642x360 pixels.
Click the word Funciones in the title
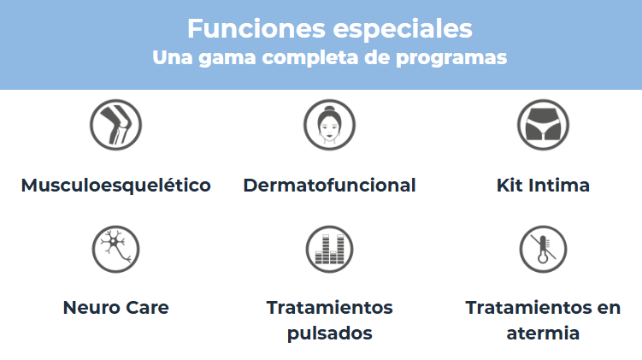click(x=256, y=29)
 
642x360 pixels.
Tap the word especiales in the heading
click(x=403, y=30)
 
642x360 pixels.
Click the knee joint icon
click(x=116, y=125)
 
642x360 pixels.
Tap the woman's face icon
click(x=330, y=125)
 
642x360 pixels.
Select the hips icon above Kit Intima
click(x=544, y=125)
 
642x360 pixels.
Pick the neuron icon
click(x=116, y=249)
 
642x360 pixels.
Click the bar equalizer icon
click(x=330, y=249)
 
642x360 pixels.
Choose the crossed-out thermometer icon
click(x=544, y=249)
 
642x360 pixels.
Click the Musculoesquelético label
click(x=116, y=186)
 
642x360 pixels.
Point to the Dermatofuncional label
click(x=330, y=185)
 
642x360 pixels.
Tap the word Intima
click(x=559, y=185)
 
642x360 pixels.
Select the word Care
click(x=147, y=308)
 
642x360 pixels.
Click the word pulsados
click(x=330, y=333)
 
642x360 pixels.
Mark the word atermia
click(x=544, y=333)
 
